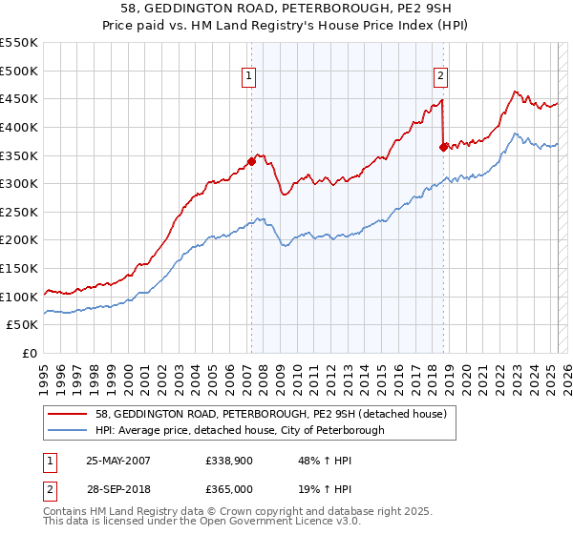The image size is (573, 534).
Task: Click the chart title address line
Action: click(286, 9)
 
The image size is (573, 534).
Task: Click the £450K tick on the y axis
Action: click(20, 99)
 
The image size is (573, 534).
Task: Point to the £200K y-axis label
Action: click(20, 240)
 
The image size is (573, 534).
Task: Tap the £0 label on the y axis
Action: click(30, 354)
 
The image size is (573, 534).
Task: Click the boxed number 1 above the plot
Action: click(248, 78)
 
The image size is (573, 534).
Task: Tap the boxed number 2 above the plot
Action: click(440, 78)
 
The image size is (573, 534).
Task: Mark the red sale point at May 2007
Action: click(251, 161)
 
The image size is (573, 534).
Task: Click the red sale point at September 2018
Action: click(443, 147)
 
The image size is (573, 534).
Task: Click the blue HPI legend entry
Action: click(240, 430)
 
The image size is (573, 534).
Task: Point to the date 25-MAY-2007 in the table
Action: click(118, 461)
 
